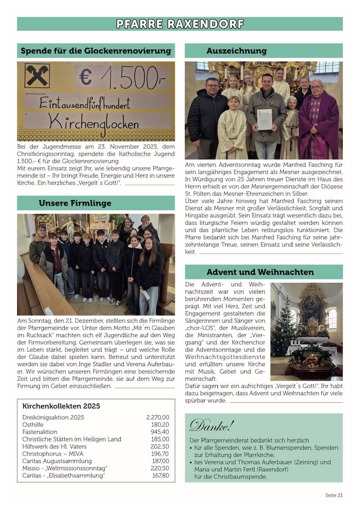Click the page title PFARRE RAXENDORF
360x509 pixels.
click(x=180, y=24)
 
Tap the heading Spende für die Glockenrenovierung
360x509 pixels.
click(x=96, y=51)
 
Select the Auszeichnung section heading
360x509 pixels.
click(x=236, y=51)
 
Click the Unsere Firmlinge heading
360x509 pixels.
click(x=75, y=203)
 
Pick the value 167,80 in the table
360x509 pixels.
click(x=160, y=475)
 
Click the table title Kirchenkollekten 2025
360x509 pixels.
click(x=61, y=406)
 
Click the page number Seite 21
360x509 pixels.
click(x=334, y=495)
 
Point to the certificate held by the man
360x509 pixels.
click(x=264, y=120)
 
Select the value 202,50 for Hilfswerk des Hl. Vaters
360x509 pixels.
click(x=160, y=446)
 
